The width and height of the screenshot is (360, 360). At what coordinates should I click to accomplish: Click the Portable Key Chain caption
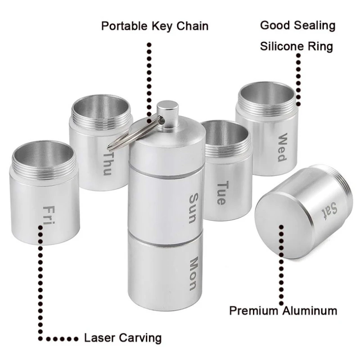pos(155,26)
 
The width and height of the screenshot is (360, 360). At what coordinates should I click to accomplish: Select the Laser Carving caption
pos(122,337)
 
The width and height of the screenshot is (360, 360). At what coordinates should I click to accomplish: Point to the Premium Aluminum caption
pos(283,310)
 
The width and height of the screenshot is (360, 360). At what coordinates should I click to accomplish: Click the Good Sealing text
pos(298,25)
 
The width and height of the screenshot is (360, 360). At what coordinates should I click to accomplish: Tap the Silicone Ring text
pos(297,46)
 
